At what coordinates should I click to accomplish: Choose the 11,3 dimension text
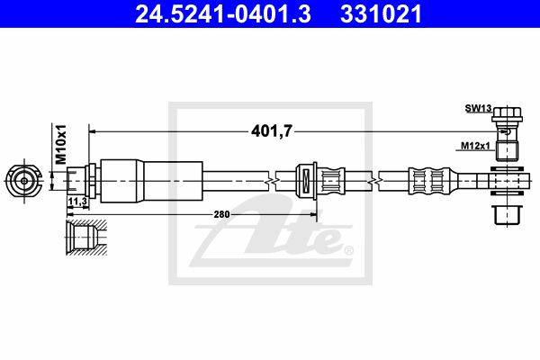pos(76,202)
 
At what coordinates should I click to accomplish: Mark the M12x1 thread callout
pos(474,146)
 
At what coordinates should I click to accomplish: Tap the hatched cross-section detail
pos(85,236)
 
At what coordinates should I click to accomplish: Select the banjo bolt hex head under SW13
pos(508,115)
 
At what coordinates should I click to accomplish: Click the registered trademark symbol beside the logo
pos(349,249)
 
